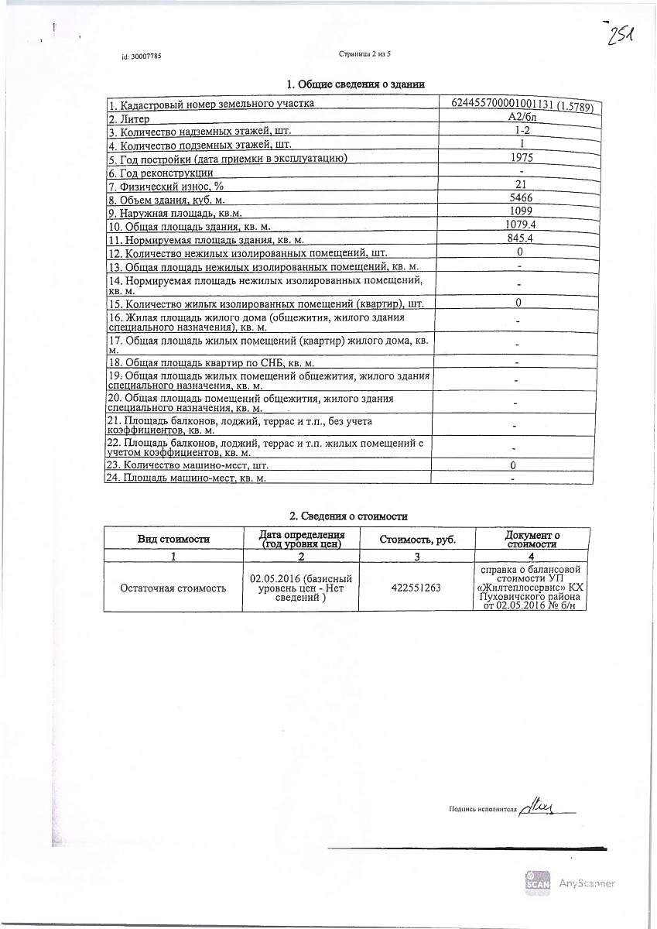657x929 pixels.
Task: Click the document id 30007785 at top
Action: click(142, 57)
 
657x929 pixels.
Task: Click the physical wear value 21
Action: click(520, 184)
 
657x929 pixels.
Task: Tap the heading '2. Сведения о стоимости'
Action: click(348, 516)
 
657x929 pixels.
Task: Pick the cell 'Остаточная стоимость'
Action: click(173, 588)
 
